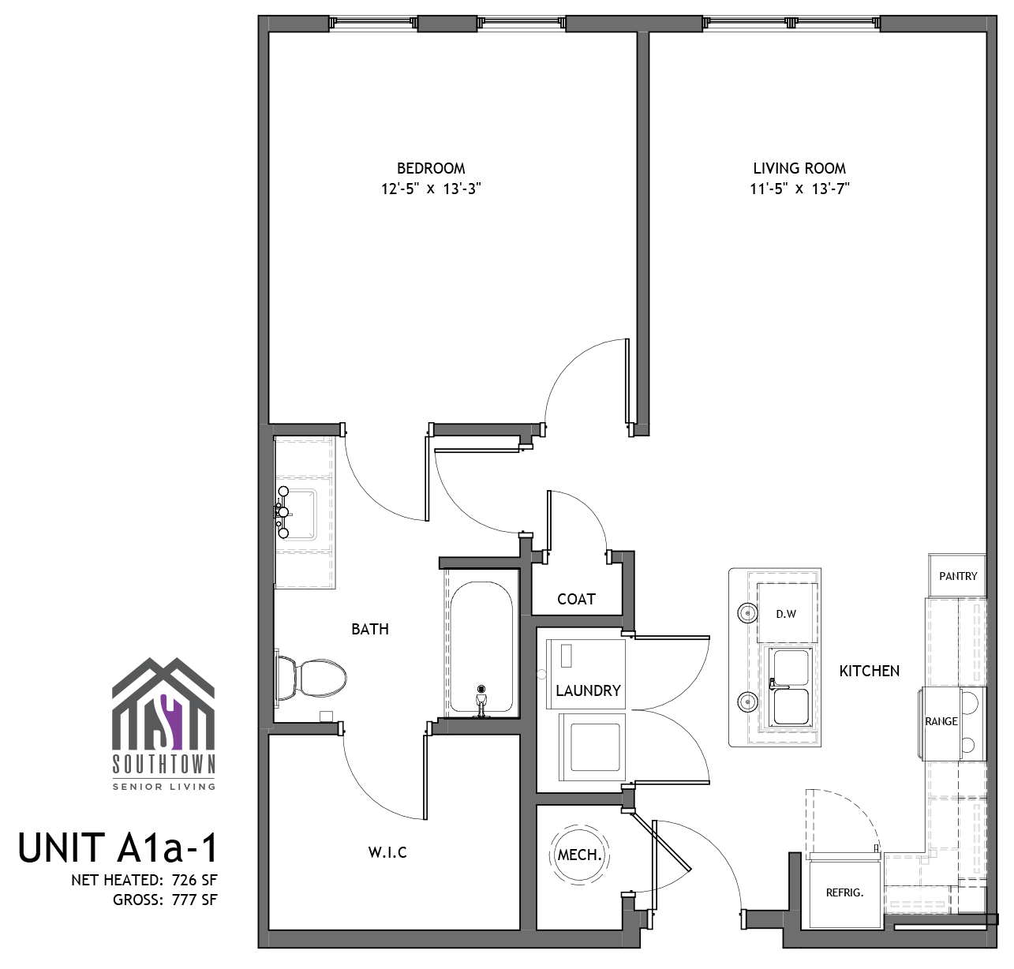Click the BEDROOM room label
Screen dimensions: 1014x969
pos(431,168)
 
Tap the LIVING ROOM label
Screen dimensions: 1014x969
pos(799,168)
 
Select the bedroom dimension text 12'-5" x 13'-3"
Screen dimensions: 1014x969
pos(431,189)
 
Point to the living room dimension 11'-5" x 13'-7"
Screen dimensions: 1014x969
pos(799,189)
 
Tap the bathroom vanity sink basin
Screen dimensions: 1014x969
pos(297,514)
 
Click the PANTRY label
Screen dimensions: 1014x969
pos(958,576)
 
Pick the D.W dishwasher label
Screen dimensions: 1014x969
pos(786,614)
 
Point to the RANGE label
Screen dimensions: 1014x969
pos(941,721)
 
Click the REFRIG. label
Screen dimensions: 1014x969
pos(844,893)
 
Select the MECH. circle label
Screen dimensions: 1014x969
pos(579,855)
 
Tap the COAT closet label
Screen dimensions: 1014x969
pos(576,599)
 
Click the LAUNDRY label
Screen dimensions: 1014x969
pos(589,690)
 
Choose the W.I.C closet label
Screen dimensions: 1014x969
pos(387,852)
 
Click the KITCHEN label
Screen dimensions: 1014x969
pos(869,671)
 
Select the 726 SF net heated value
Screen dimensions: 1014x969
pos(194,880)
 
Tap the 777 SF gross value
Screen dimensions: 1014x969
pos(194,900)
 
